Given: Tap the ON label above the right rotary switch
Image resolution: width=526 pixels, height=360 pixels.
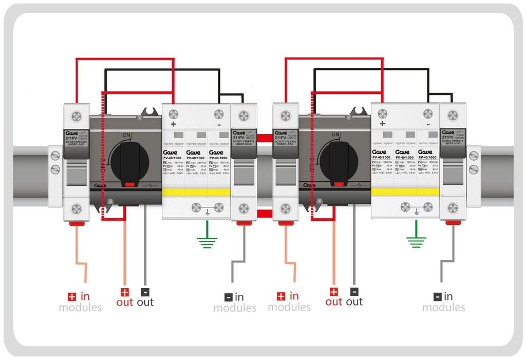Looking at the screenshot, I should [x=335, y=135].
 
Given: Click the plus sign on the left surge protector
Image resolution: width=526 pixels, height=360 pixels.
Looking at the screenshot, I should [x=173, y=124].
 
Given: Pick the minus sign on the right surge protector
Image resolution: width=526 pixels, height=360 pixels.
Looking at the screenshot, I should [x=428, y=124].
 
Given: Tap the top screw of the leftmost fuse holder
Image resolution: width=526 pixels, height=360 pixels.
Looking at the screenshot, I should [x=76, y=116].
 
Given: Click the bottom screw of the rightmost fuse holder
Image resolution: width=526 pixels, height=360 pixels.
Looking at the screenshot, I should [x=453, y=208].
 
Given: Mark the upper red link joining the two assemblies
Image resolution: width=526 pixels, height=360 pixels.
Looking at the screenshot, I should [x=264, y=138].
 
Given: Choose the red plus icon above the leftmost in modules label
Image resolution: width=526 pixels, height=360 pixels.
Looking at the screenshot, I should [x=72, y=296].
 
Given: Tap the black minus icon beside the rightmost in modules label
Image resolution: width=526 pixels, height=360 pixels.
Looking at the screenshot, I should [x=437, y=296].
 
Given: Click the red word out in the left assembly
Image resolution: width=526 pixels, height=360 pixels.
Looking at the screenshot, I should [x=124, y=302].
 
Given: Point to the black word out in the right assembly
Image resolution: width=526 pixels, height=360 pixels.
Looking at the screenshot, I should [x=354, y=302].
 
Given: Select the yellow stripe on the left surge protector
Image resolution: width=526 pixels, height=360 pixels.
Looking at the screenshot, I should [x=196, y=192].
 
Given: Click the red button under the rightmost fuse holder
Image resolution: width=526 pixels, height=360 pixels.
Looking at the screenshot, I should [x=453, y=222].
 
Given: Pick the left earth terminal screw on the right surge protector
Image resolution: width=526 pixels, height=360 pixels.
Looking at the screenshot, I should [x=405, y=207].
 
